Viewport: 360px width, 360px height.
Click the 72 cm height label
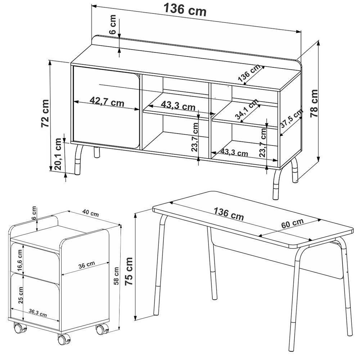click(45, 113)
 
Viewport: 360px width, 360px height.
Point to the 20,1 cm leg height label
click(58, 154)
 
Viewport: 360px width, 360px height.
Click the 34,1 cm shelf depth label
click(247, 109)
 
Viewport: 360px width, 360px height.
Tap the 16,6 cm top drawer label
click(19, 260)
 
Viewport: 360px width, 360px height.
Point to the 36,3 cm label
click(38, 313)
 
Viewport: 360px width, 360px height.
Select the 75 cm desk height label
click(129, 271)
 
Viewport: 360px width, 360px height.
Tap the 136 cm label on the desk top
click(229, 214)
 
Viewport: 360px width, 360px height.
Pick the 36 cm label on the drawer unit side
click(86, 265)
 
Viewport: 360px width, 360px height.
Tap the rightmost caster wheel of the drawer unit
click(102, 329)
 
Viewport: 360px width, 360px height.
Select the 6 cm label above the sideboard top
click(112, 24)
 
